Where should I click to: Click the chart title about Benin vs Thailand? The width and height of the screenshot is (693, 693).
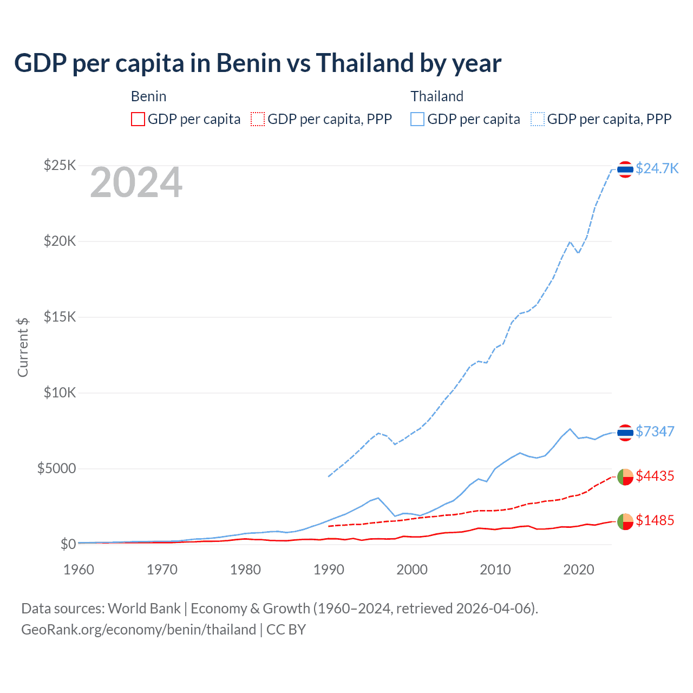[x=258, y=63]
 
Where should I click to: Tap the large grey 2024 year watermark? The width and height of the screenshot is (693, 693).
[x=136, y=183]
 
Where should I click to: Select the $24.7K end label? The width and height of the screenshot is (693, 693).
[x=657, y=168]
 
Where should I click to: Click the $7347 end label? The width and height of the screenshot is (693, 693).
[x=655, y=432]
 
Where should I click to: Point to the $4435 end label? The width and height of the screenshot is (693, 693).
[x=655, y=476]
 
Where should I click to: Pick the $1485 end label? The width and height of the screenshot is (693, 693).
[x=655, y=520]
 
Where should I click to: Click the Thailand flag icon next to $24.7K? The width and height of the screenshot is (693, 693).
[x=625, y=169]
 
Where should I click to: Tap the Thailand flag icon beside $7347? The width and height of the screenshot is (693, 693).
[x=625, y=433]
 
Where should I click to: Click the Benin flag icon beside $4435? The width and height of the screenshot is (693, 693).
[x=625, y=477]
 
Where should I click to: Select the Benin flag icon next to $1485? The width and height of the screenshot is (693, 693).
[x=625, y=521]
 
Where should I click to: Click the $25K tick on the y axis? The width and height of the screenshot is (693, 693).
[x=60, y=165]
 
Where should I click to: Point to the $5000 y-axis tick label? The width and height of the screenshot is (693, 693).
[x=56, y=468]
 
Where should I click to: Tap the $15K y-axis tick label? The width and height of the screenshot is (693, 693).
[x=60, y=317]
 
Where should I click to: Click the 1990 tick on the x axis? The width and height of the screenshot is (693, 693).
[x=329, y=570]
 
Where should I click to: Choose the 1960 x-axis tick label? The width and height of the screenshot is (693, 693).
[x=79, y=570]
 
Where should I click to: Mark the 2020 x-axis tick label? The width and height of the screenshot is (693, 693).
[x=579, y=570]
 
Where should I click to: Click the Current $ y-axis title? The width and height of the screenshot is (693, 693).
[x=23, y=347]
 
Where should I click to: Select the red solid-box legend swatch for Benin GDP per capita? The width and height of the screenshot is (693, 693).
[x=138, y=119]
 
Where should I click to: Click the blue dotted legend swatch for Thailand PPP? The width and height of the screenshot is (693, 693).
[x=538, y=119]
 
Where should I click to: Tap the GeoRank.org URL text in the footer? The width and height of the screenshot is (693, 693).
[x=139, y=630]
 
